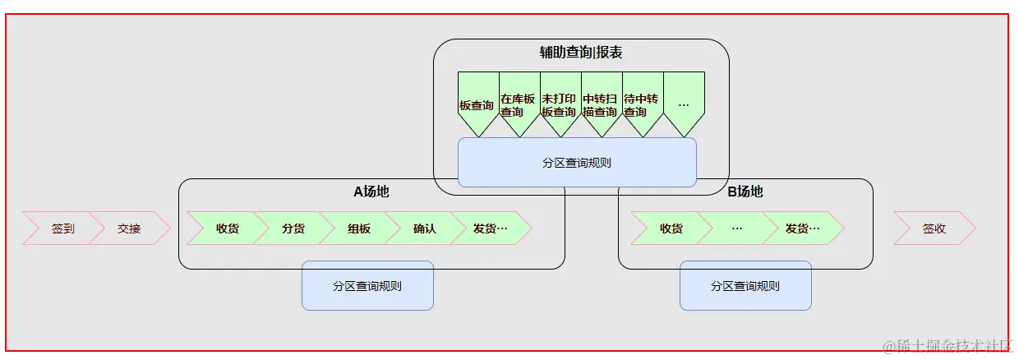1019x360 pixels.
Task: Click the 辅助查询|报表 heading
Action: [581, 53]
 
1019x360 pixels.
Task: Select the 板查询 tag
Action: [477, 105]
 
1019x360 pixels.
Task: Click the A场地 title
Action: [371, 192]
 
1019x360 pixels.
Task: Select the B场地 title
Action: [745, 192]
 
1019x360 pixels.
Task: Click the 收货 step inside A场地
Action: [228, 228]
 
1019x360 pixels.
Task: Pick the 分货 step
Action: [293, 228]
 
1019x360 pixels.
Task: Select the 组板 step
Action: [359, 228]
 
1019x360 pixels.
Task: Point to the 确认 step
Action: [425, 228]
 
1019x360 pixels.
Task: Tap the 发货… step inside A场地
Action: [491, 228]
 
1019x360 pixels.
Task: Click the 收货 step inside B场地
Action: [671, 228]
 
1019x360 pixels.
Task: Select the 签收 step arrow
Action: [934, 228]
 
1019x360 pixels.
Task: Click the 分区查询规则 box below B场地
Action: [745, 286]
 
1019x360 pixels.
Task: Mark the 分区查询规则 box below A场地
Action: [367, 286]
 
